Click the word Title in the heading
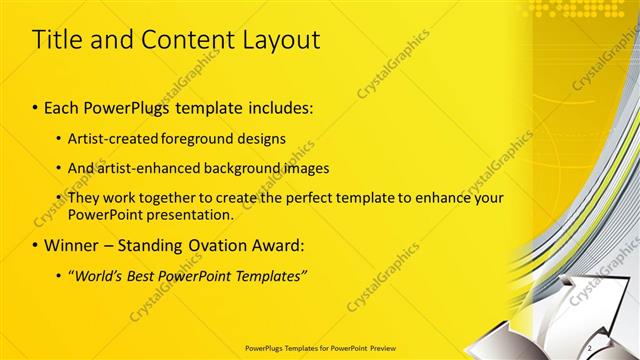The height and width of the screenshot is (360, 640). (58, 40)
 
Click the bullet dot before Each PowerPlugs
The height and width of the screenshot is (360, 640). (36, 106)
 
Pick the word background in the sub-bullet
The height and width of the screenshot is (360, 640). (229, 168)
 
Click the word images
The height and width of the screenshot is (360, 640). (296, 168)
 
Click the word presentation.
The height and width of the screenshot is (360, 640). (189, 214)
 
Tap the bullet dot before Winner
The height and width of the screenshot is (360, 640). (36, 245)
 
